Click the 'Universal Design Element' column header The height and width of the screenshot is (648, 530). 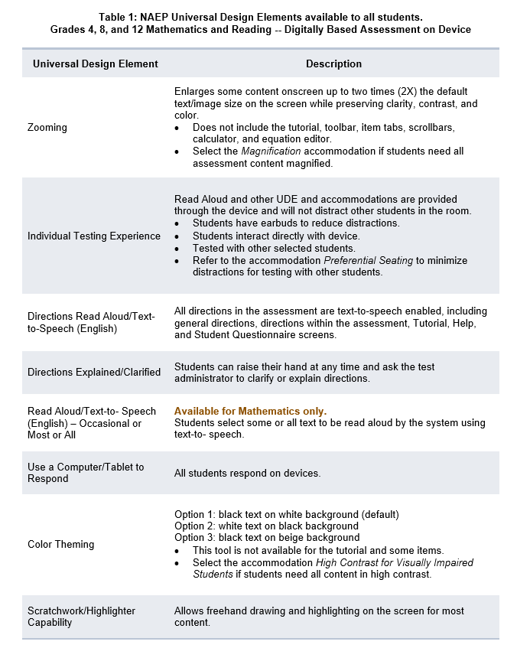click(96, 63)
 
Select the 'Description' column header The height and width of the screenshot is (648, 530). click(333, 63)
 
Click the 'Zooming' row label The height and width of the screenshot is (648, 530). click(47, 128)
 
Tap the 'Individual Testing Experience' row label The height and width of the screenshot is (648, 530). click(94, 236)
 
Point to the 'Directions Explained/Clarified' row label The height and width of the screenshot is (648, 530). click(94, 373)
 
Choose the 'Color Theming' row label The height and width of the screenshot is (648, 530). click(61, 545)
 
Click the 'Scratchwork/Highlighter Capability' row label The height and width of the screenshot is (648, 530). click(81, 617)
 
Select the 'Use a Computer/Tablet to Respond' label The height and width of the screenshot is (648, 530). click(86, 473)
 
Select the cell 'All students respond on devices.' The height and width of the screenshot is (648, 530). click(247, 474)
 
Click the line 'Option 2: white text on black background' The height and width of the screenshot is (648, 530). click(266, 526)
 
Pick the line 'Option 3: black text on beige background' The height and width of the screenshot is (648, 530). click(267, 538)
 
